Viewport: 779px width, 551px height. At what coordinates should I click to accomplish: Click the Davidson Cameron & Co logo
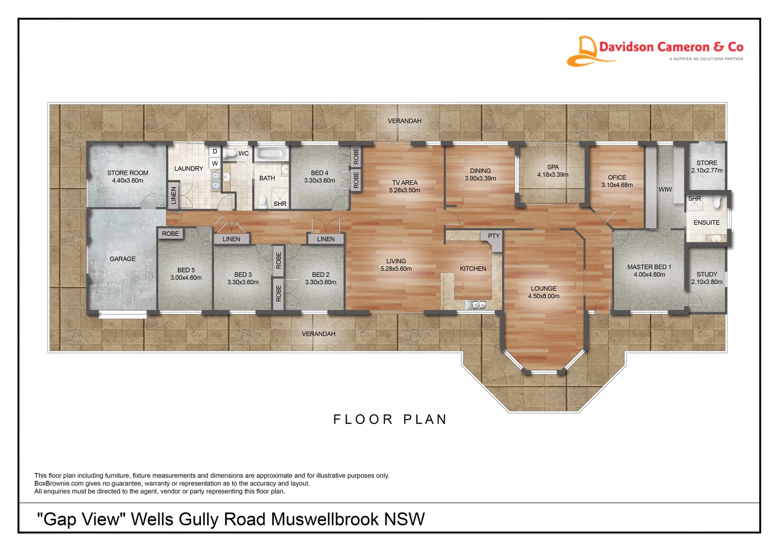click(655, 51)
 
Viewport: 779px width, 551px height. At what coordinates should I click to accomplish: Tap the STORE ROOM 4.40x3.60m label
click(127, 177)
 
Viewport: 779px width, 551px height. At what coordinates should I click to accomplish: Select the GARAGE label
click(122, 259)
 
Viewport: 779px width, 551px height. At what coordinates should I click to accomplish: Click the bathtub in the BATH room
click(272, 154)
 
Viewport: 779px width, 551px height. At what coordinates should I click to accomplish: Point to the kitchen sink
click(476, 305)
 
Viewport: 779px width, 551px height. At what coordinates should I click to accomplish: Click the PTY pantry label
click(494, 236)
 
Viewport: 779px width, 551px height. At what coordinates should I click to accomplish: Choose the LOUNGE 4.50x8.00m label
click(543, 292)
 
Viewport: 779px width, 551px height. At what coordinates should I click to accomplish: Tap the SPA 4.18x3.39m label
click(553, 171)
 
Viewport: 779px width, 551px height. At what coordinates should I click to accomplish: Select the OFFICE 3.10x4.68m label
click(617, 181)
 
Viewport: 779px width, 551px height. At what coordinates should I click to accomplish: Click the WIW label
click(665, 189)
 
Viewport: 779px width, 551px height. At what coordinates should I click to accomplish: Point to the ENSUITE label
click(706, 222)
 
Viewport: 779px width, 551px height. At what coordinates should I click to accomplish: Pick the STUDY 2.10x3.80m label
click(707, 278)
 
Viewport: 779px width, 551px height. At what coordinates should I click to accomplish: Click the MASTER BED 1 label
click(650, 267)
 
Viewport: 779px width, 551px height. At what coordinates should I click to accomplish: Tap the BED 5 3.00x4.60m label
click(186, 273)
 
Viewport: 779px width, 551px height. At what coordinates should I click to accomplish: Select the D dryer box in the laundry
click(215, 152)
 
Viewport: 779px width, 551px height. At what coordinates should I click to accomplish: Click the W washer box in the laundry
click(215, 163)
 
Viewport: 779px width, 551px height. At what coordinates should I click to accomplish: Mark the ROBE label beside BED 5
click(170, 234)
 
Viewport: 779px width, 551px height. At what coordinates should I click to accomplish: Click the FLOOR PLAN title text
click(390, 419)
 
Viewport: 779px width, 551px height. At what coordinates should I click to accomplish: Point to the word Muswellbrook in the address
click(325, 519)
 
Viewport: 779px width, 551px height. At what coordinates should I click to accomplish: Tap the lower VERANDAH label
click(319, 334)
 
